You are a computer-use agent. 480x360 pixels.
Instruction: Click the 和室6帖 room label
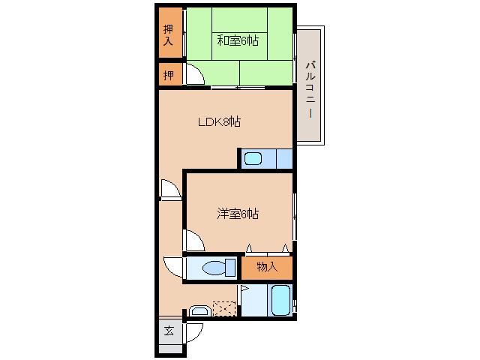click(x=238, y=40)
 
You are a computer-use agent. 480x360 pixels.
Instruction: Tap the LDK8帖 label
click(x=218, y=121)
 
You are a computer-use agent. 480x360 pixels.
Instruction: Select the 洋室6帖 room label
click(x=238, y=214)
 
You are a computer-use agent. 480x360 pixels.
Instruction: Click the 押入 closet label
click(x=169, y=34)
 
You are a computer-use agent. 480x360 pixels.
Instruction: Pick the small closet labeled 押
click(x=169, y=75)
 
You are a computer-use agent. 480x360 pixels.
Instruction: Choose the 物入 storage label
click(x=267, y=267)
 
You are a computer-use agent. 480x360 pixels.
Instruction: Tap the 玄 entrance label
click(x=169, y=330)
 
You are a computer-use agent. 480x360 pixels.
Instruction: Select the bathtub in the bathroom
click(x=281, y=301)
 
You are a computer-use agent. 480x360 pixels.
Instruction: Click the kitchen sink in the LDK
click(x=253, y=158)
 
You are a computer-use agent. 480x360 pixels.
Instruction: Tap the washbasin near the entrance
click(x=199, y=310)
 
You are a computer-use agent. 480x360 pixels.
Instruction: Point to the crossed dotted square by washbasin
click(x=223, y=307)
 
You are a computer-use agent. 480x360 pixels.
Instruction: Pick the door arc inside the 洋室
click(x=194, y=241)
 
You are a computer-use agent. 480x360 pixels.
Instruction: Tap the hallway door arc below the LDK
click(x=171, y=190)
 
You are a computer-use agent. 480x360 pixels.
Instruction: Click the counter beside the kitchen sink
click(x=284, y=158)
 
